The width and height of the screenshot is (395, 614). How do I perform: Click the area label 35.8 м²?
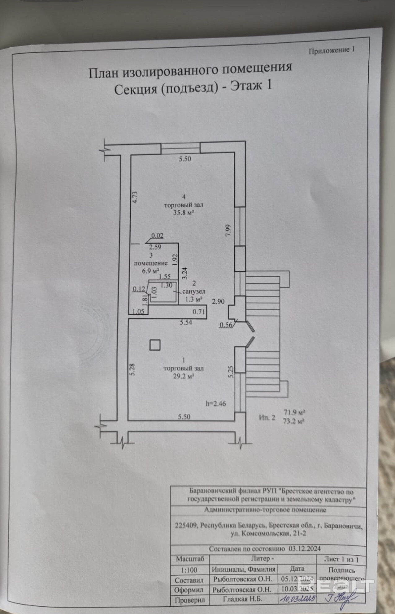(184, 213)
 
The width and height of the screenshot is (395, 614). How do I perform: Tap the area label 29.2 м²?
(184, 376)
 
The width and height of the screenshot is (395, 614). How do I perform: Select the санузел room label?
(193, 291)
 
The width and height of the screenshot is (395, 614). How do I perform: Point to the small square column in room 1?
(155, 345)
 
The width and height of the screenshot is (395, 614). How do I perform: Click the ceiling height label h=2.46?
(216, 403)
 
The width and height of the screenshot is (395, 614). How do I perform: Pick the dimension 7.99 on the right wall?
(228, 230)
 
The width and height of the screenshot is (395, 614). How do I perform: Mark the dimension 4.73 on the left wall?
(135, 198)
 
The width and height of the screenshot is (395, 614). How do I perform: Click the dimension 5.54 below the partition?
(186, 322)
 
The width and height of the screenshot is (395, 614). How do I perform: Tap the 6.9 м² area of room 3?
(150, 271)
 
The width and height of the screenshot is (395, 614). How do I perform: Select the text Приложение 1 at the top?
(332, 50)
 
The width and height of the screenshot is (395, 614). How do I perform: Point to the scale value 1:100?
(189, 570)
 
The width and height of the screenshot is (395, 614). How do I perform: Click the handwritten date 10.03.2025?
(297, 599)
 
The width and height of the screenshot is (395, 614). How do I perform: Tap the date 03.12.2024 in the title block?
(305, 549)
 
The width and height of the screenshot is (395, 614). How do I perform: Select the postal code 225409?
(186, 525)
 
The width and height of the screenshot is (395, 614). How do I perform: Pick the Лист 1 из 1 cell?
(341, 559)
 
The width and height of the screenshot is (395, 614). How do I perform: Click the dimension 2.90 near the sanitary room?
(218, 301)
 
